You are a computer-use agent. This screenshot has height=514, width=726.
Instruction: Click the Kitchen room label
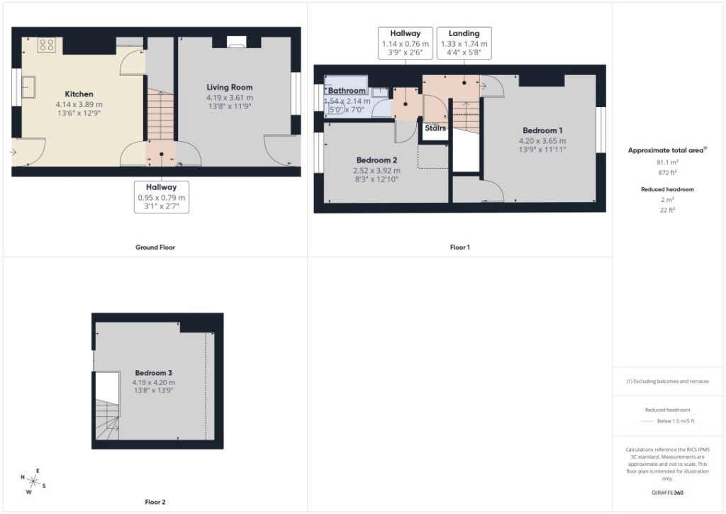coord(79,94)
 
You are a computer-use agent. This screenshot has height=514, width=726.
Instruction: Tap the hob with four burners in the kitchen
coord(47,45)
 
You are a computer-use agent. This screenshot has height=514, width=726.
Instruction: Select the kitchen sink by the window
coord(28,86)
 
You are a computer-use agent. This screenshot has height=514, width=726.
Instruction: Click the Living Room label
coord(230,87)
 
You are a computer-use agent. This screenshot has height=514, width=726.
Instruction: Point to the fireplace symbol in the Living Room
coord(237,42)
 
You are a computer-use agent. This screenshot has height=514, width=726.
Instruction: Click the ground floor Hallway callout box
coord(162,197)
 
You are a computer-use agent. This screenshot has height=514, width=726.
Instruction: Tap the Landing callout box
coord(464,43)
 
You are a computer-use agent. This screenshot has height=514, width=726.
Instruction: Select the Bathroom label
coord(347,90)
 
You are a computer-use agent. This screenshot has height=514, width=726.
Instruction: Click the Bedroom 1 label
coord(542,130)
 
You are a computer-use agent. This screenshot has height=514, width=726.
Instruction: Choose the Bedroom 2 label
coord(377,160)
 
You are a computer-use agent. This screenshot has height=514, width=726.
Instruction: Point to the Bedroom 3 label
coord(154,373)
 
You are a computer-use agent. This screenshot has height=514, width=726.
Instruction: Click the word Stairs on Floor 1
coord(435,128)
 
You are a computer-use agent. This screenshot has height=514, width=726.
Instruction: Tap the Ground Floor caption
coord(155,247)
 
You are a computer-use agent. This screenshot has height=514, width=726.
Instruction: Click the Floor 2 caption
coord(155,502)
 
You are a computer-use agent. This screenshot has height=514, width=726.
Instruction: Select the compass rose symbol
coord(33,481)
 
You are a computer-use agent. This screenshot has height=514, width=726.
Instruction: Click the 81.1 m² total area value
coord(667,162)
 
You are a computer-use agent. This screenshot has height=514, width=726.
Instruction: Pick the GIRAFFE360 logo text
coord(667,493)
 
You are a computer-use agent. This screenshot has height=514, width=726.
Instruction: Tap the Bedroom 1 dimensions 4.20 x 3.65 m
coord(542,141)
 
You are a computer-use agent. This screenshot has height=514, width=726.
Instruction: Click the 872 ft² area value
coord(667,172)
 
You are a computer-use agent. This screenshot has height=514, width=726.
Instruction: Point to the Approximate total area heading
coord(667,150)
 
